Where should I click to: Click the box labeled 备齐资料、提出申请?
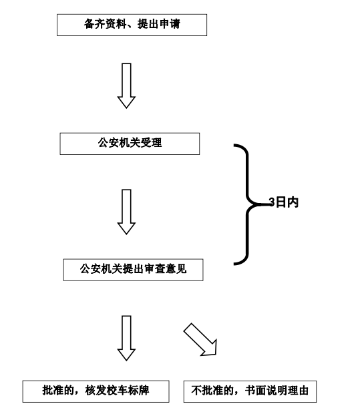pos(132,25)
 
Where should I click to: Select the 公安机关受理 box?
pos(130,144)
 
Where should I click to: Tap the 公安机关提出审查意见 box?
pos(134,270)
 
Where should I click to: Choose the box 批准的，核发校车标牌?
pos(96,391)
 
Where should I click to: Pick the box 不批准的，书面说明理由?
pos(250,391)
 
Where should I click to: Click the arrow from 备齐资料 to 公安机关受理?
pos(126,85)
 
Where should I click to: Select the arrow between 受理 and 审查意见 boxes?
pos(126,212)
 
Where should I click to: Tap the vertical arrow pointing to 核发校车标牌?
pos(126,339)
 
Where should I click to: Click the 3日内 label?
pos(283,202)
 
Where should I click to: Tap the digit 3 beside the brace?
pos(272,202)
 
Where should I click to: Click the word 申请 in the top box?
pos(170,24)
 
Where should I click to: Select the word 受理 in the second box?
pos(151,143)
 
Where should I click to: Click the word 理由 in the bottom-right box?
pos(299,391)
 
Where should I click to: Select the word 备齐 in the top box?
pos(94,24)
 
